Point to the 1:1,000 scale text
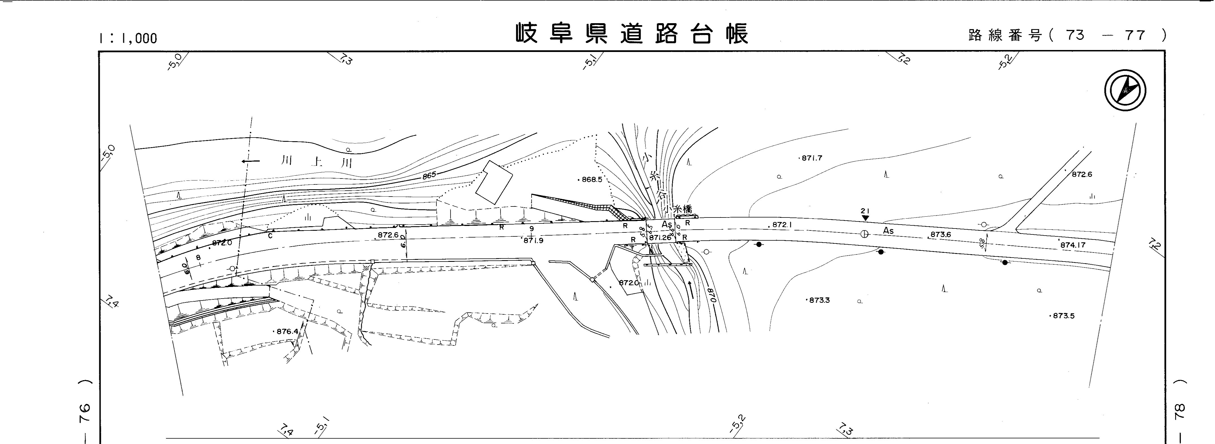click(x=128, y=38)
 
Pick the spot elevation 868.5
click(x=592, y=180)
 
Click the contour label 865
click(x=429, y=175)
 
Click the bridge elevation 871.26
click(x=660, y=238)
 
